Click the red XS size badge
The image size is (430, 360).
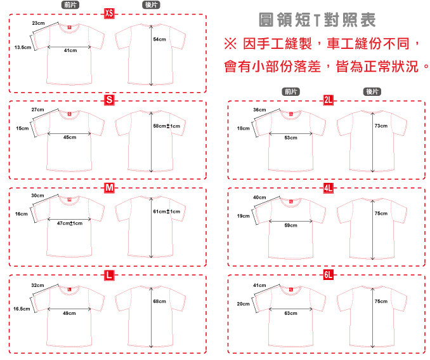coord(109,13)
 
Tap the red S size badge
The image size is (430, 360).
coord(109,100)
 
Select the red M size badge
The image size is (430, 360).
coord(109,188)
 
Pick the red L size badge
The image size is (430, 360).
coord(109,275)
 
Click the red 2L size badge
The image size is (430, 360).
coord(329,100)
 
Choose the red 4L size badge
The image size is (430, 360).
coord(329,188)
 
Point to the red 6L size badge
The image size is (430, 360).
coord(329,275)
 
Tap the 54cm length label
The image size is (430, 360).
coord(159,39)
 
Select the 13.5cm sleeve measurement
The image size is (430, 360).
coord(23,47)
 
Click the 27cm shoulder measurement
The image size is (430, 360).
coord(38,109)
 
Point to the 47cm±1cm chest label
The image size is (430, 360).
coord(70,223)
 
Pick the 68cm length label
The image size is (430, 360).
coord(159,301)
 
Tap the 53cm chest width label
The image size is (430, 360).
coord(290,138)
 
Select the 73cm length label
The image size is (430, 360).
coord(381,126)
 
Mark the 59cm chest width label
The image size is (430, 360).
coord(290,225)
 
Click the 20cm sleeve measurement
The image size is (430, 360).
coord(243,304)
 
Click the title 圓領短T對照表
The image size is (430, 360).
coord(318,20)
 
